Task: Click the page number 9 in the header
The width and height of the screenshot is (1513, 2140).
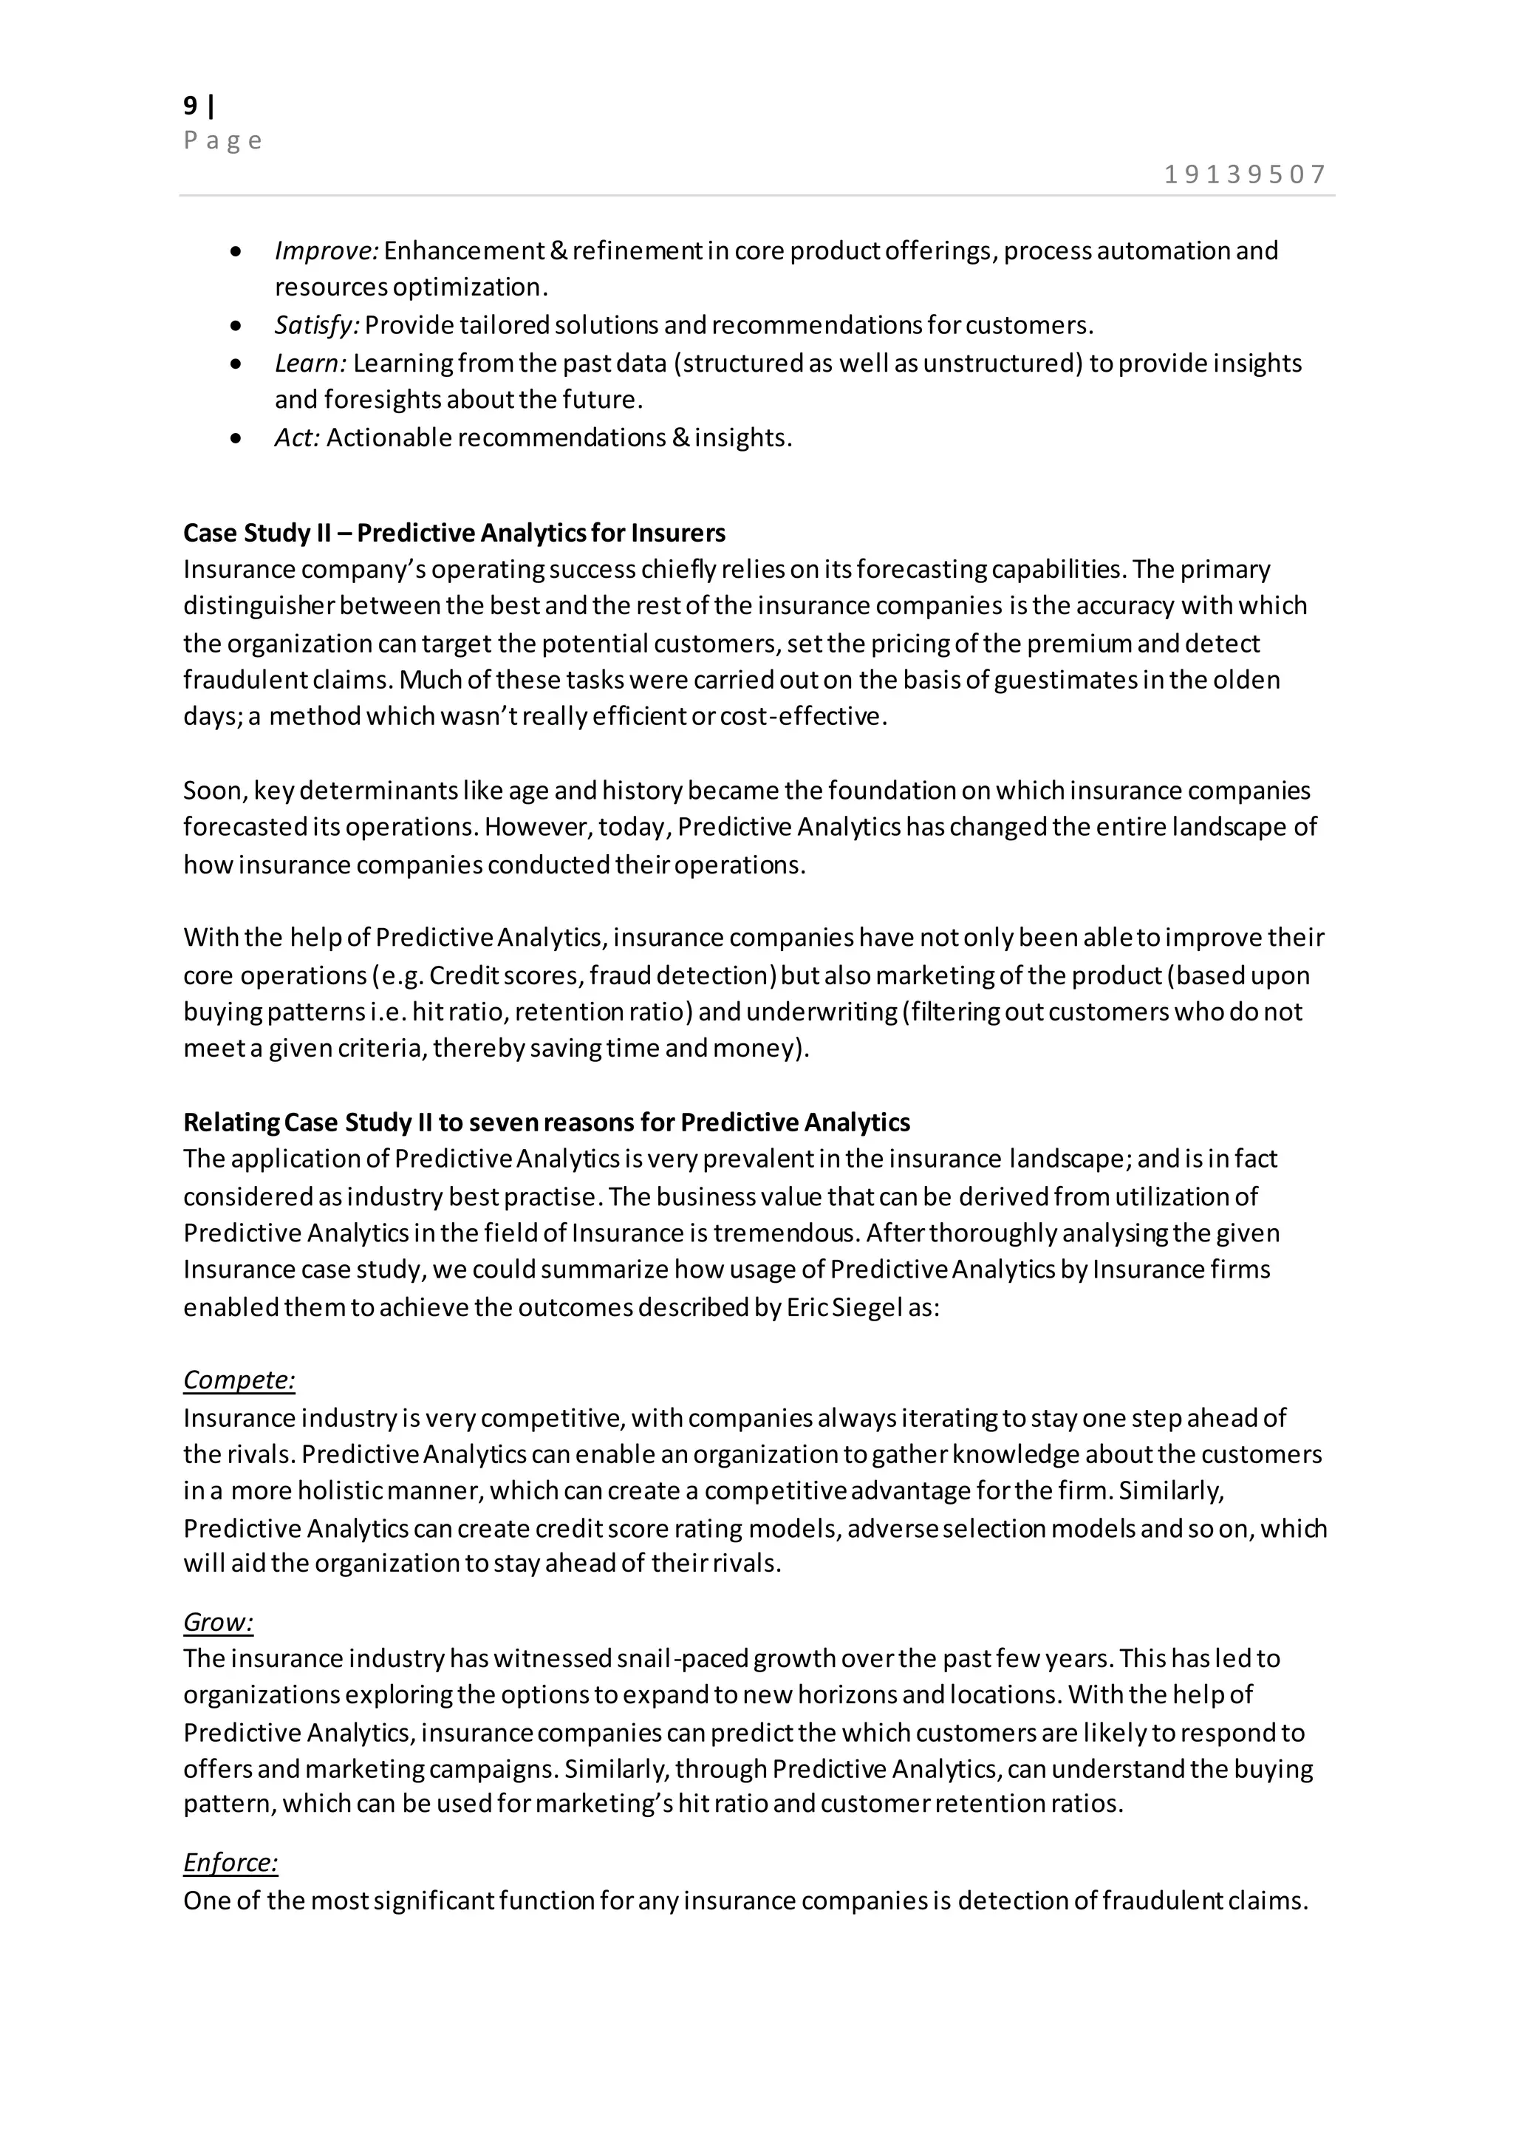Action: click(191, 106)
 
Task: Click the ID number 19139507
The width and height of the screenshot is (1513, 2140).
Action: click(1245, 174)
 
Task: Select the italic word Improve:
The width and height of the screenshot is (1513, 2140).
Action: click(326, 251)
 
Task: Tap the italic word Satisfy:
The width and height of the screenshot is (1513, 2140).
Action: click(317, 325)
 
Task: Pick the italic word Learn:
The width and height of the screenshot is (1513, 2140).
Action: click(311, 363)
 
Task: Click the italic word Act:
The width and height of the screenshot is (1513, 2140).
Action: click(297, 437)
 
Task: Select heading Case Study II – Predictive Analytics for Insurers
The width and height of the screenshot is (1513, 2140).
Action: click(454, 533)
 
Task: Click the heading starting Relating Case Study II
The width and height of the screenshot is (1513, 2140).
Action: click(546, 1122)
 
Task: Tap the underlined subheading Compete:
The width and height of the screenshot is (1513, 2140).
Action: click(239, 1380)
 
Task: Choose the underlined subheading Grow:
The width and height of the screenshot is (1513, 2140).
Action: click(218, 1623)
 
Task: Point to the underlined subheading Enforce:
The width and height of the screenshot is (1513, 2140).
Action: click(230, 1863)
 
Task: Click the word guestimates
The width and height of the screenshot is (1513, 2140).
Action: click(1066, 680)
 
